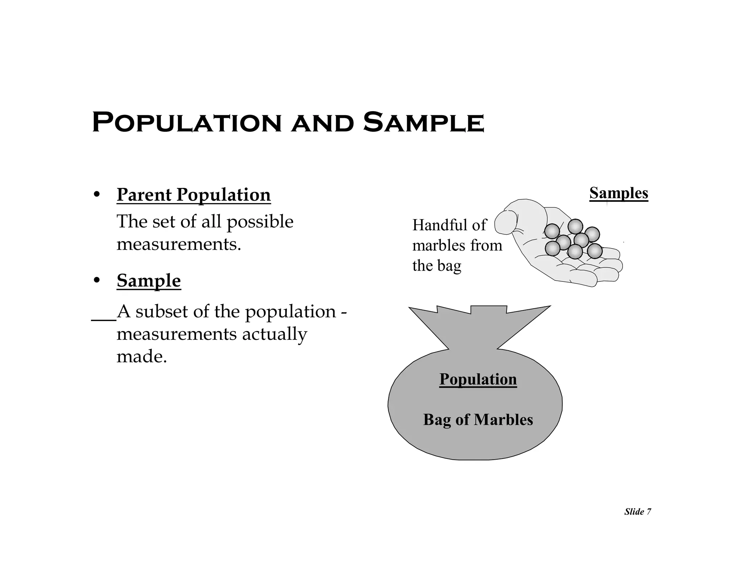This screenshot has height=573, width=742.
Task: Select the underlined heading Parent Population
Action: [x=193, y=195]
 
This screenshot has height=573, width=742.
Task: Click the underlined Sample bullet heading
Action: [x=149, y=281]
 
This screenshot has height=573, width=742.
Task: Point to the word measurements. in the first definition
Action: [x=179, y=244]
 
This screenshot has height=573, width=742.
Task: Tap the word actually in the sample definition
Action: [x=274, y=334]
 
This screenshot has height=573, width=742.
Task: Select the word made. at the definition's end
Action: [x=142, y=357]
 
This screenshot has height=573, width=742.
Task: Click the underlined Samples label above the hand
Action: [x=618, y=193]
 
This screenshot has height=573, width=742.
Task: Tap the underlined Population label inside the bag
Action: [x=478, y=379]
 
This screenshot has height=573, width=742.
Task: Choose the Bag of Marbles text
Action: [x=478, y=420]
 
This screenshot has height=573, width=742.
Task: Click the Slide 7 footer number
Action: [x=638, y=512]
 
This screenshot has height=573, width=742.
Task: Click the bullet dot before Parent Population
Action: [x=96, y=195]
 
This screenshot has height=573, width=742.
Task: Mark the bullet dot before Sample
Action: [x=96, y=281]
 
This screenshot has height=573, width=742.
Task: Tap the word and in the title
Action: [x=322, y=123]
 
